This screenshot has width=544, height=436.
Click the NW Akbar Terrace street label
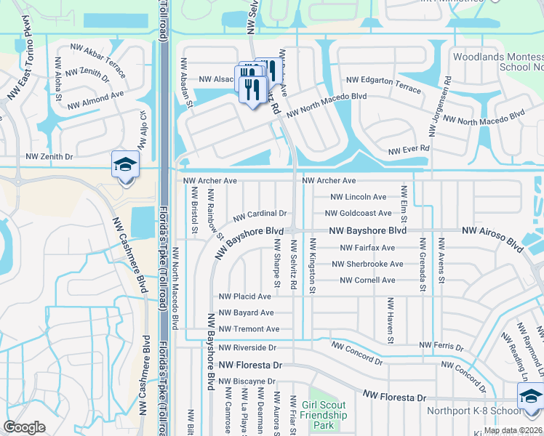click(x=98, y=57)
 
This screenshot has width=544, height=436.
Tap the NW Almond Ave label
click(x=96, y=100)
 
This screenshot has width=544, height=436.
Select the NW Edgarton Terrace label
click(x=383, y=84)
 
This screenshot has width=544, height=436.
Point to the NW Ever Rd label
click(x=409, y=150)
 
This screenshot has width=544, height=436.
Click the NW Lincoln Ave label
click(x=359, y=197)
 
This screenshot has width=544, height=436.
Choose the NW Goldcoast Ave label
click(x=358, y=214)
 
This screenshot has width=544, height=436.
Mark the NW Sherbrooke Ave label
click(x=371, y=265)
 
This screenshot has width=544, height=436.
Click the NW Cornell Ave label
click(x=367, y=280)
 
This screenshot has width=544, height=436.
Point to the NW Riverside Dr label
click(x=247, y=348)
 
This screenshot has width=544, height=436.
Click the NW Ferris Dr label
click(x=441, y=347)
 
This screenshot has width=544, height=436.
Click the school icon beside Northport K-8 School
click(x=530, y=396)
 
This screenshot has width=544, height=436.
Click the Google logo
click(x=25, y=427)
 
